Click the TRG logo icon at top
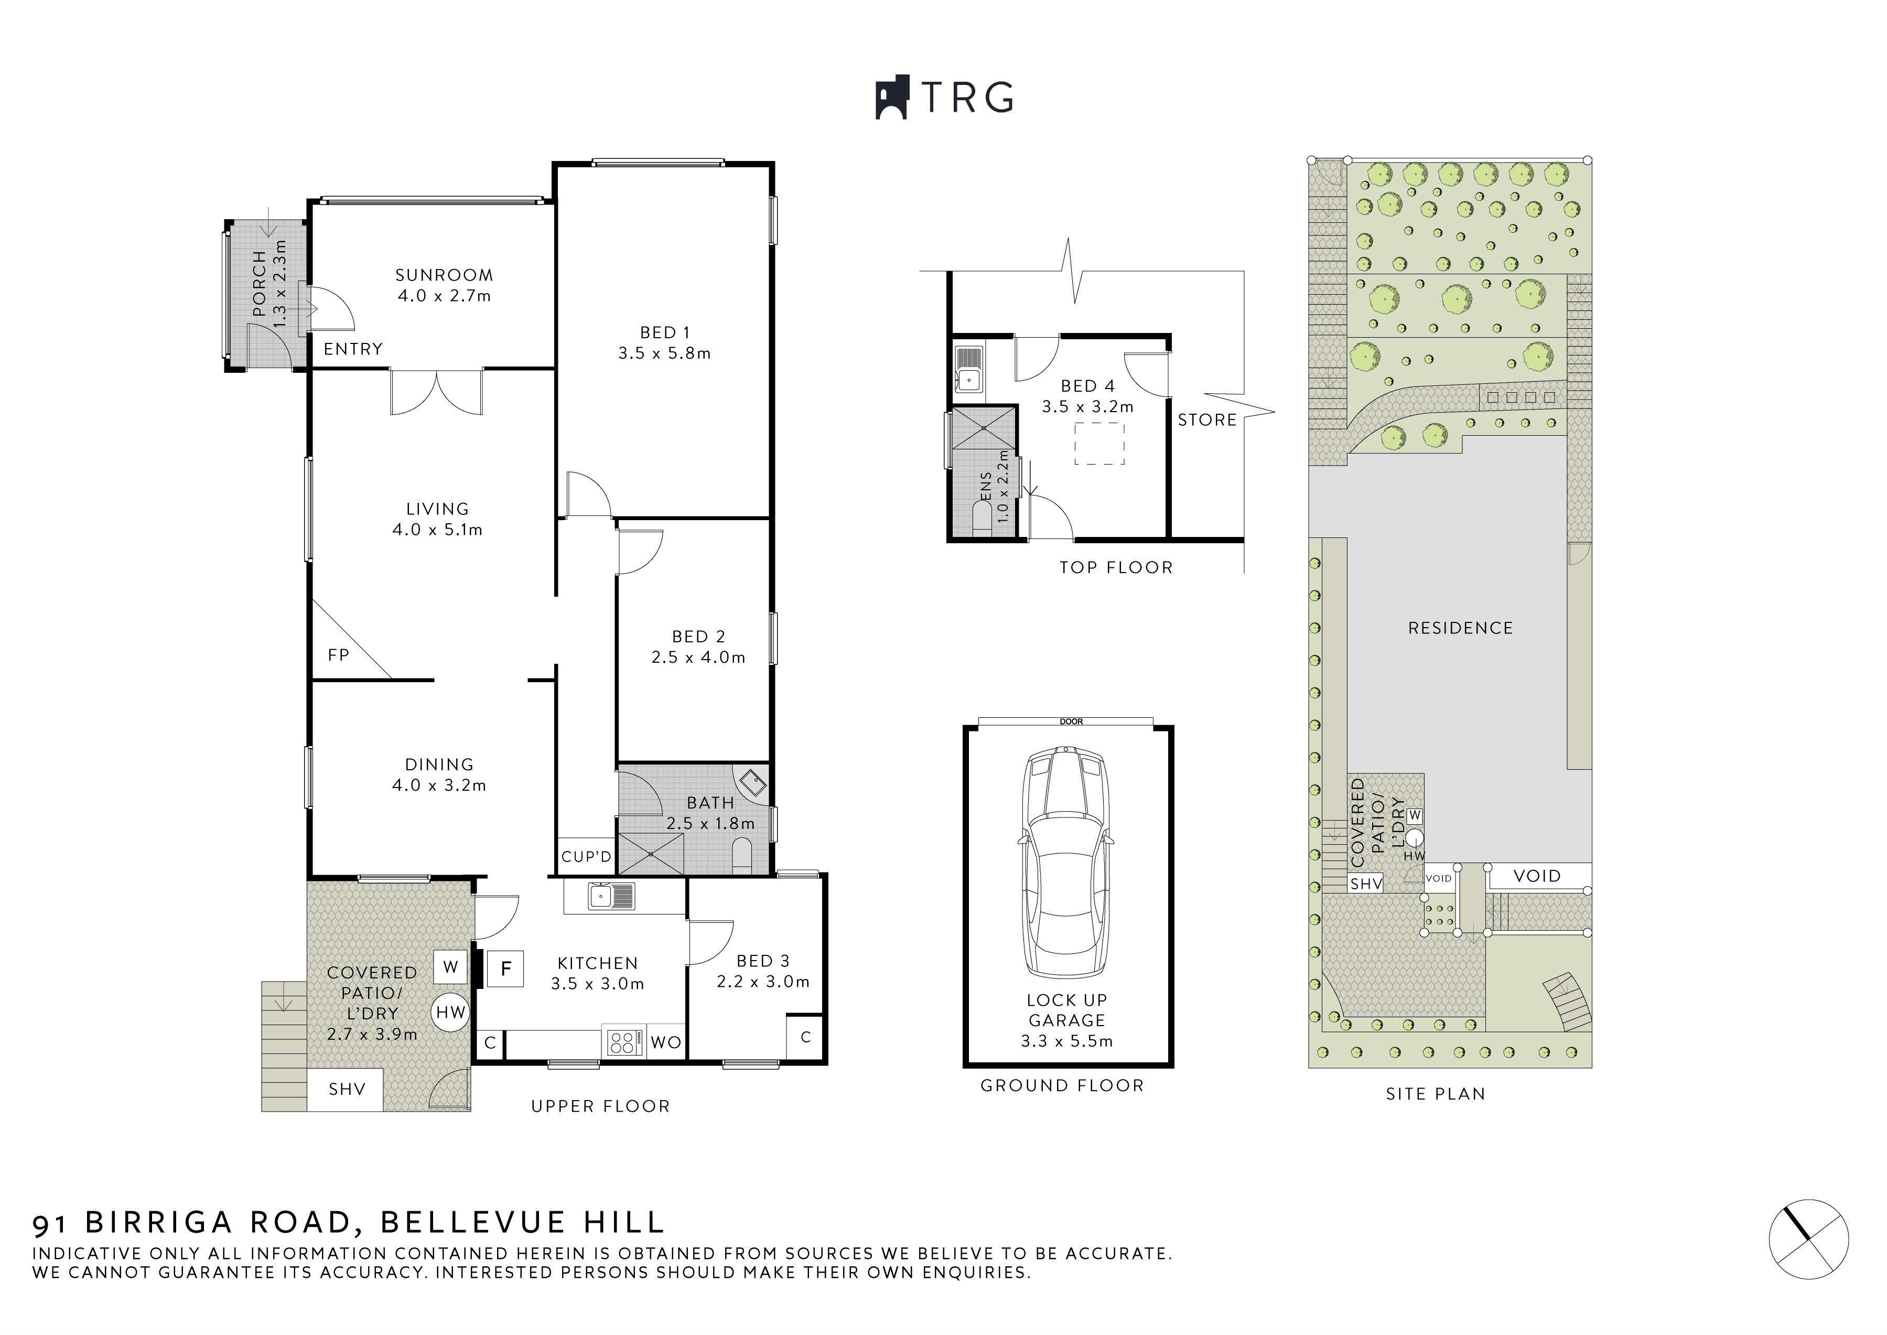[x=891, y=99]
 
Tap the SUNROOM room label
[x=444, y=275]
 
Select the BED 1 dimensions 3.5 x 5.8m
[x=664, y=353]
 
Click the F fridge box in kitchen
[x=506, y=969]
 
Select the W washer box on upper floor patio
[x=450, y=967]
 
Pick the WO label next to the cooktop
[x=666, y=1043]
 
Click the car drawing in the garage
[x=1067, y=863]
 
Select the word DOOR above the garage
[x=1071, y=722]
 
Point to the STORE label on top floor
[x=1206, y=420]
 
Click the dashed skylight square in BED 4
[x=1099, y=444]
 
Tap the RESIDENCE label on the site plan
[x=1460, y=628]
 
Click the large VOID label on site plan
[x=1536, y=876]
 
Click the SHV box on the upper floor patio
[x=346, y=1089]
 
